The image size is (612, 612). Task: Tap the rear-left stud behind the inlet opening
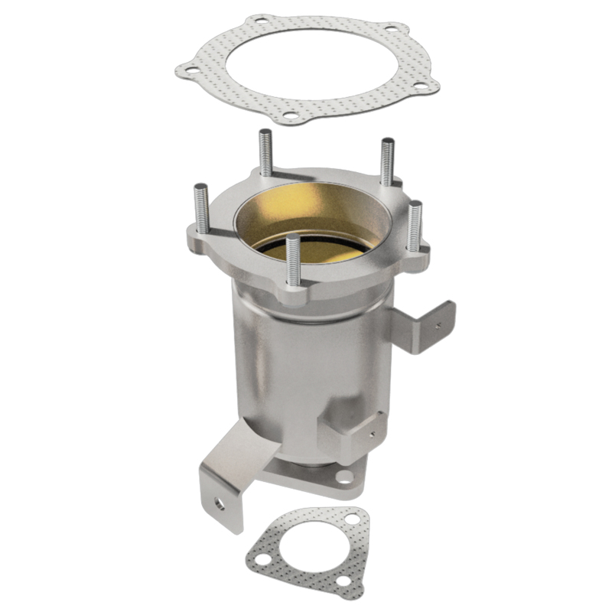tap(265, 153)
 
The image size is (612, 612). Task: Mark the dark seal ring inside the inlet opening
tap(321, 243)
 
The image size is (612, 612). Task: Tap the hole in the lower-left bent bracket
tap(219, 505)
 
